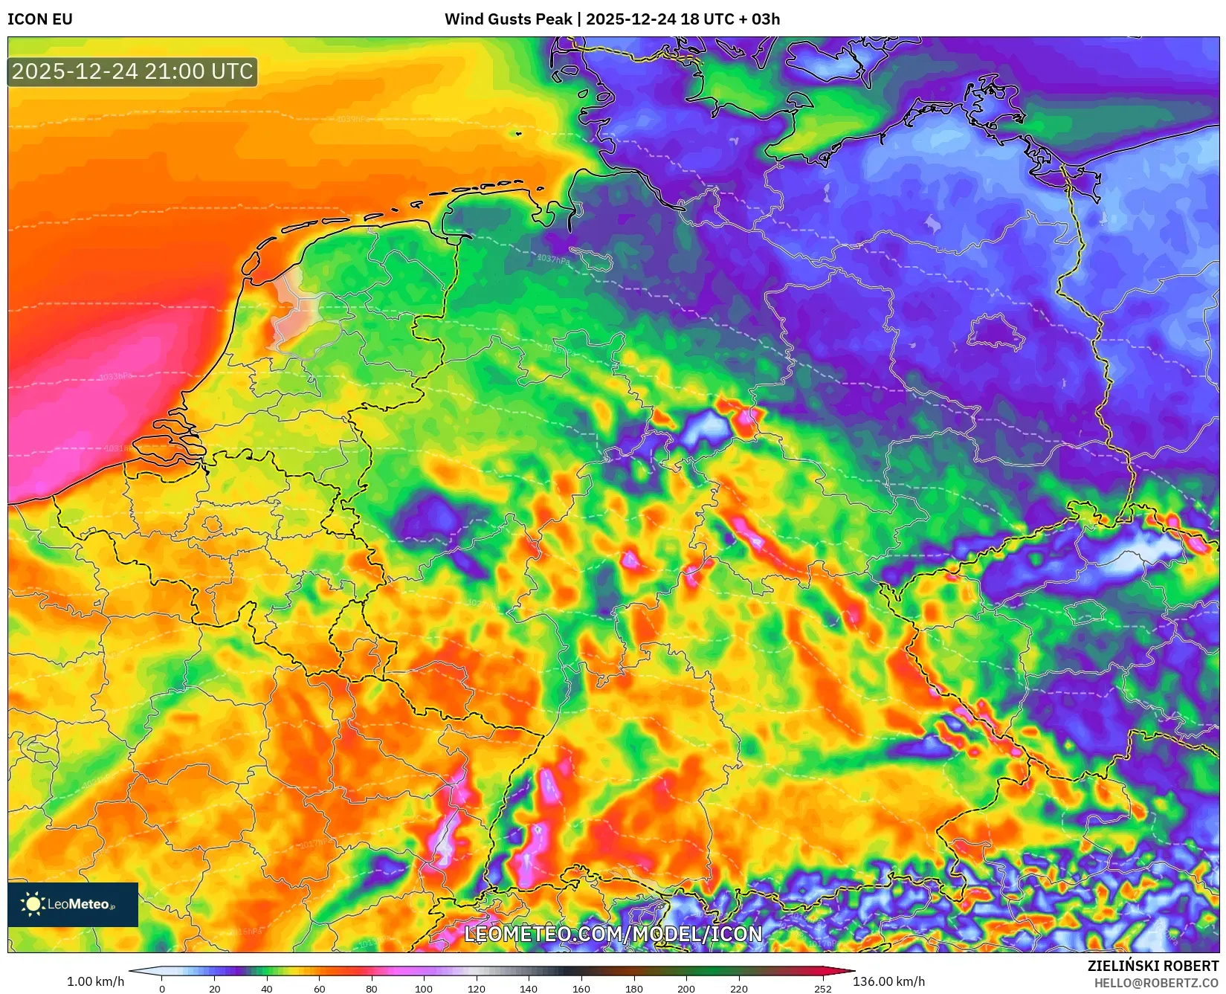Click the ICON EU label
(40, 19)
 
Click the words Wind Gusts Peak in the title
(509, 19)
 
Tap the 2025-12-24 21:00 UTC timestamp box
(132, 71)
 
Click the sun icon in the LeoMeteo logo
(33, 904)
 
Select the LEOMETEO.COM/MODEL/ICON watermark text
(613, 935)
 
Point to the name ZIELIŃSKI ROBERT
(1152, 966)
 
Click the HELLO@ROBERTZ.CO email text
(1156, 983)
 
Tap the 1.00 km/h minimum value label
(95, 981)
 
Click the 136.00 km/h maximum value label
(888, 981)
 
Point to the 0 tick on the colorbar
(162, 989)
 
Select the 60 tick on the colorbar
(319, 989)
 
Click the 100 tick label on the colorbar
(424, 989)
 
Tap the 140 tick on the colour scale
(529, 989)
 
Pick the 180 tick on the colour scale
(633, 989)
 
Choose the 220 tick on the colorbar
(738, 989)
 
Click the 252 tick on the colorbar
(822, 989)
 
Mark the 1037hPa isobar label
(553, 259)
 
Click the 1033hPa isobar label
(116, 377)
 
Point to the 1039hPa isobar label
(352, 119)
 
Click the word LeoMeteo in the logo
(78, 904)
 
